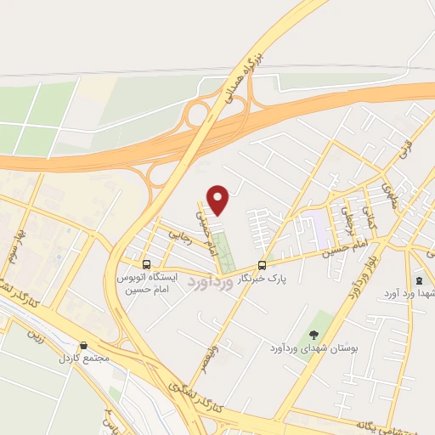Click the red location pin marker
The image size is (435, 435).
pos(218,200)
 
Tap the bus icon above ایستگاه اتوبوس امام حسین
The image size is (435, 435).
pos(146,265)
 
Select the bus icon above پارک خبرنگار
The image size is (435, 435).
pos(262,265)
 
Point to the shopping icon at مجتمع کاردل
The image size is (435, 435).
pos(83,346)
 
